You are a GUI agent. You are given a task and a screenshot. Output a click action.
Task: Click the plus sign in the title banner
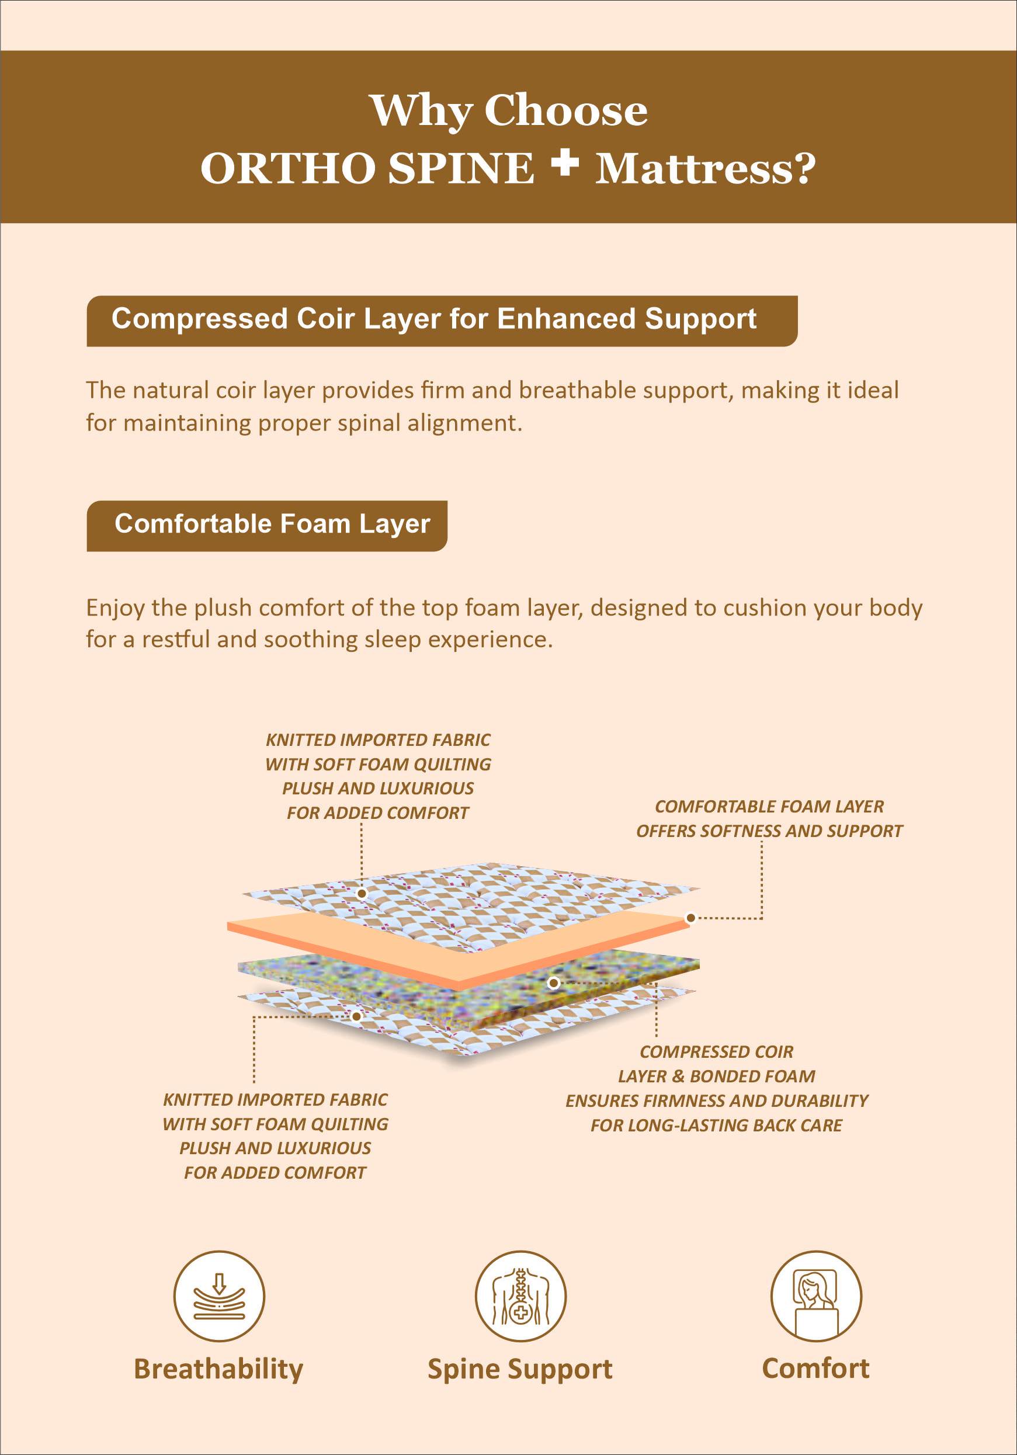coord(564,163)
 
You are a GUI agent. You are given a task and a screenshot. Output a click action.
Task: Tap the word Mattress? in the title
coord(704,169)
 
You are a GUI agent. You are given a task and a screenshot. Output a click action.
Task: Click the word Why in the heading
coord(421,111)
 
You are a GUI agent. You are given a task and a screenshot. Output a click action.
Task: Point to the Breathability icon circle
coord(219,1296)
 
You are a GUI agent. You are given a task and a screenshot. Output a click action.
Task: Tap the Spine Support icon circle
coord(520,1296)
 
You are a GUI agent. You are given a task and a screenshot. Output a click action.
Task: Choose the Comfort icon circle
coord(815,1296)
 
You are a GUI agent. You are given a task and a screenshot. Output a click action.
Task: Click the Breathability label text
coord(218,1369)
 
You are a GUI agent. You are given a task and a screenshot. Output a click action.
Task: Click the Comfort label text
coord(815,1368)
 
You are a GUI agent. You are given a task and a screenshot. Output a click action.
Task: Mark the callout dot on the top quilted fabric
coord(362,894)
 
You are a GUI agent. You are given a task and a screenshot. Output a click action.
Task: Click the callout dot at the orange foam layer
coord(690,918)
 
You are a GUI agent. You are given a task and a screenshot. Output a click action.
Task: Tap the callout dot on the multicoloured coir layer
coord(553,983)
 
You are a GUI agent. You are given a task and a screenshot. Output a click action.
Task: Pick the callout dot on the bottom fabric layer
coord(357,1016)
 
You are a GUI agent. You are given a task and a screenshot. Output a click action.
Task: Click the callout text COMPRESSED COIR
coord(716,1052)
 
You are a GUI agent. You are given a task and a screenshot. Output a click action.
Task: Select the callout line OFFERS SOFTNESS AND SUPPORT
coord(769,831)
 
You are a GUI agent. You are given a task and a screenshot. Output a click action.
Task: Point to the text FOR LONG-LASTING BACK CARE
coord(716,1126)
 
